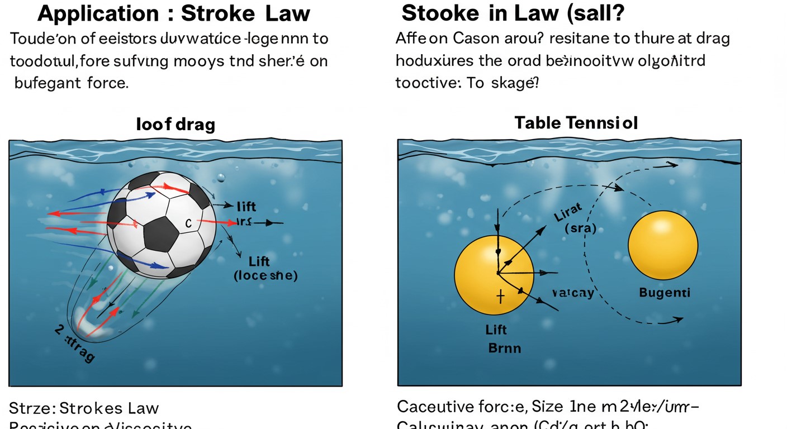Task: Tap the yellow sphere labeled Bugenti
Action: pos(663,245)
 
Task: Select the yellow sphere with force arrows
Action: pos(491,274)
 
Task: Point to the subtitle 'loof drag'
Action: pos(175,124)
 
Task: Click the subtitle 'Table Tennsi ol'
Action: pos(576,123)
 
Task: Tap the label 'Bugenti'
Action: pos(665,293)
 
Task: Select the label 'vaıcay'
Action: pos(572,293)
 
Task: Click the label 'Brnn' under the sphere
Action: pos(504,348)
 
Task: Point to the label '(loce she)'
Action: pos(266,275)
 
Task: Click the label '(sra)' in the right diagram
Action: pos(580,228)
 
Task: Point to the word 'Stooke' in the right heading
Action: pos(441,12)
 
